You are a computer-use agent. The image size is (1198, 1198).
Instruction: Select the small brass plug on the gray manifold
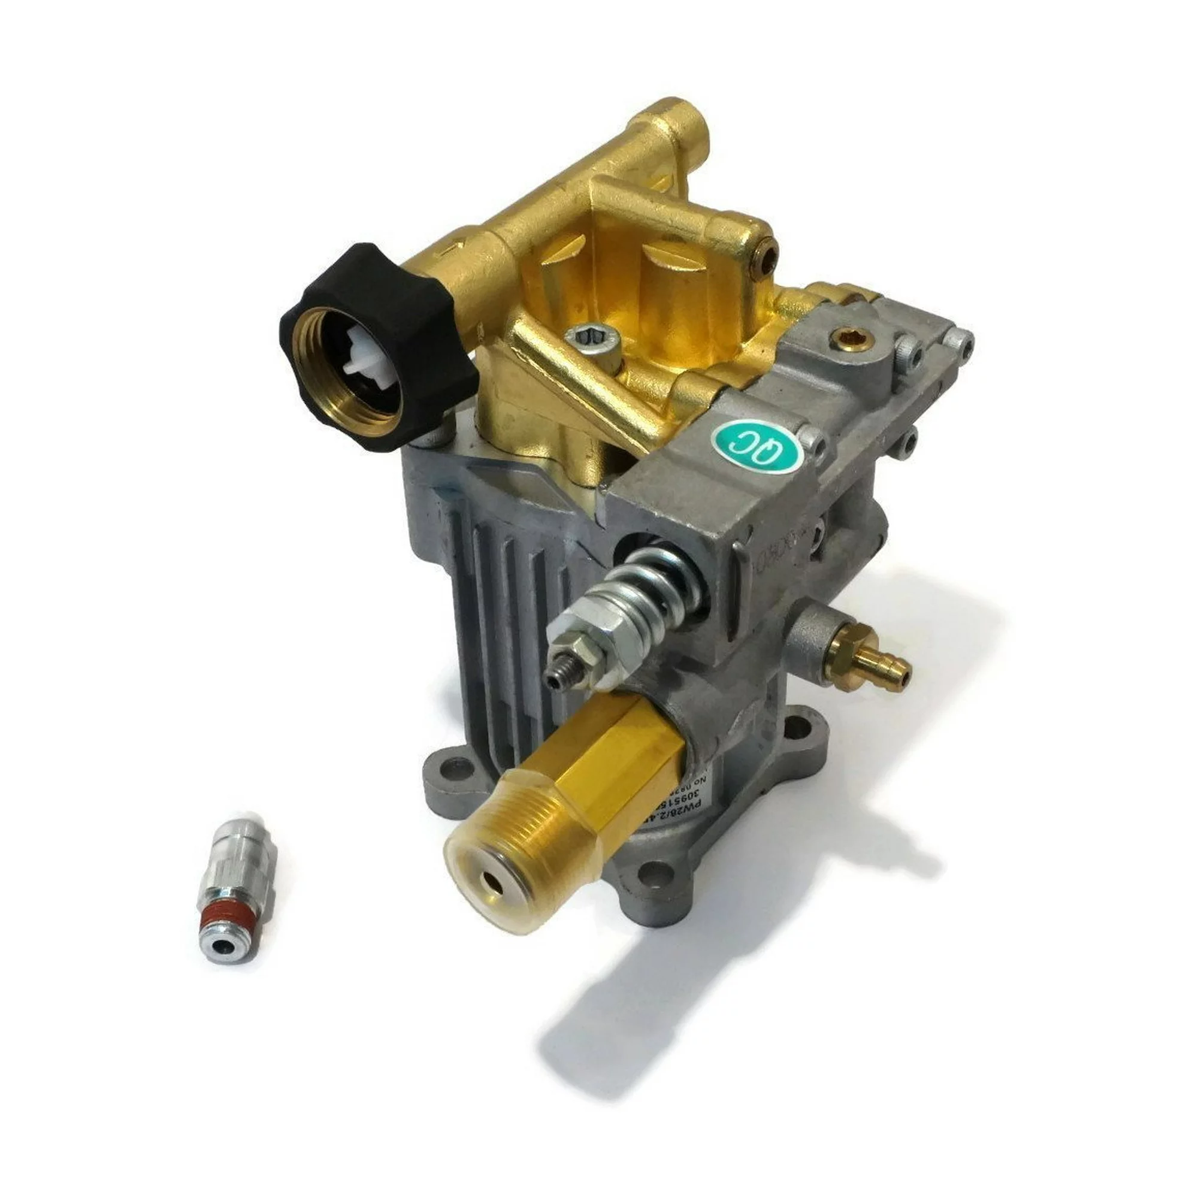(x=846, y=337)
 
